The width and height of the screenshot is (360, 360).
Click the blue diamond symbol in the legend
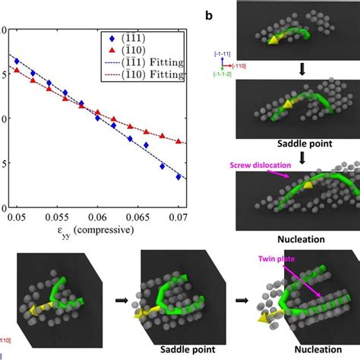point(111,36)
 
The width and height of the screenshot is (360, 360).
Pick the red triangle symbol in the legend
point(111,49)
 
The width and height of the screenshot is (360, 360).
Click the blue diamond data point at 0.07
point(178,177)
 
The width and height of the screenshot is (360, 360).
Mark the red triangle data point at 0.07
point(178,141)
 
